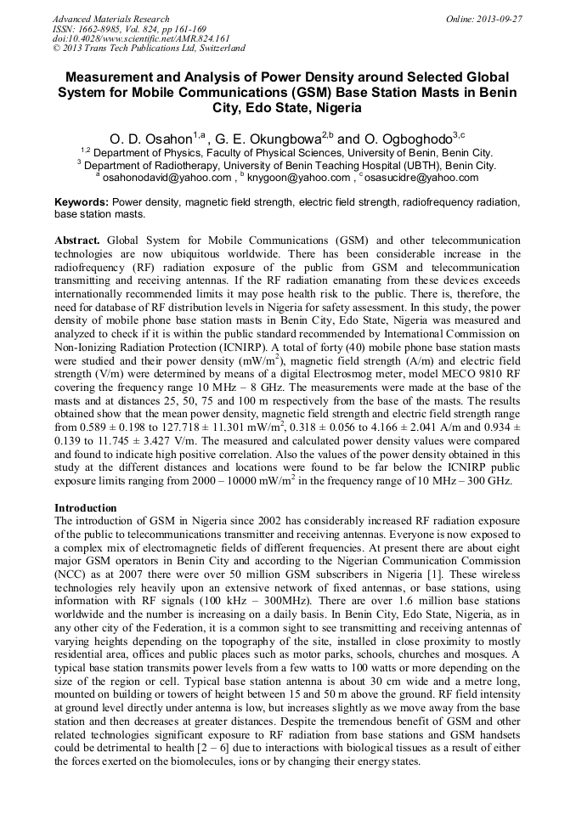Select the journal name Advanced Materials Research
(110, 19)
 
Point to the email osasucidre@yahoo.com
(421, 178)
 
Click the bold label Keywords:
(82, 203)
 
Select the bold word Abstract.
(77, 241)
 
